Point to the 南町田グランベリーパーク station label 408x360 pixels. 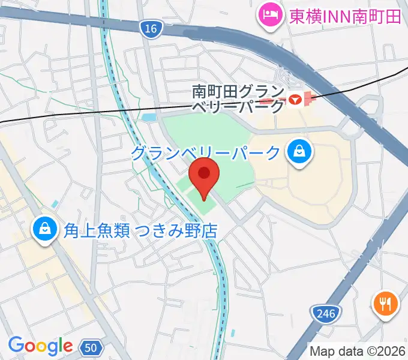tap(238, 99)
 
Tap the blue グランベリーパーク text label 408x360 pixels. tap(206, 153)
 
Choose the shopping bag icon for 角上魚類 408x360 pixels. tap(44, 229)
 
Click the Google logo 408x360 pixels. tap(40, 346)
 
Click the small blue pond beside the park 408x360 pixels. tap(149, 118)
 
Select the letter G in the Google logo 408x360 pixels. tap(16, 346)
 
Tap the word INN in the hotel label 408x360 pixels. tap(332, 16)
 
